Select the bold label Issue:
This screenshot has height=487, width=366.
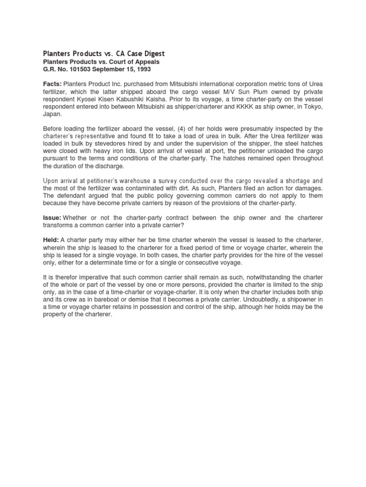[x=52, y=217]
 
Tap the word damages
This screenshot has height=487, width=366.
[x=309, y=188]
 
